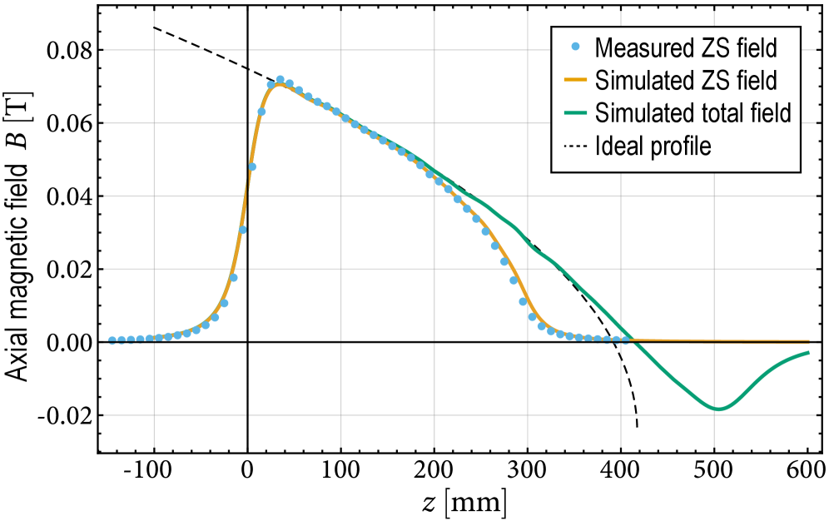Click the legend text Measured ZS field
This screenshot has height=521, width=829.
tap(686, 47)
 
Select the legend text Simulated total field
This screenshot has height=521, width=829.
tap(692, 112)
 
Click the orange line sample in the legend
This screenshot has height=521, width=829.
tap(576, 80)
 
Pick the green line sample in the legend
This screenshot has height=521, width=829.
tap(576, 112)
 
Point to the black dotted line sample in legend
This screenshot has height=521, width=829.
tap(576, 146)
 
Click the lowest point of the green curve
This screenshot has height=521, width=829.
tap(719, 409)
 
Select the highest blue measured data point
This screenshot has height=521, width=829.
tap(280, 80)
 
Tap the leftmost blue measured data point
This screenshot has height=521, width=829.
tap(112, 340)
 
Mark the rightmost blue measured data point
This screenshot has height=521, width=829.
tap(625, 339)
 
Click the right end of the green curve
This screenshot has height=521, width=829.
tap(809, 352)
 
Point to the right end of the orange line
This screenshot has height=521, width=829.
tap(809, 341)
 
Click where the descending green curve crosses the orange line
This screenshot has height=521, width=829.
tap(633, 340)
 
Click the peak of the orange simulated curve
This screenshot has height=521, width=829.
tap(280, 85)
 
